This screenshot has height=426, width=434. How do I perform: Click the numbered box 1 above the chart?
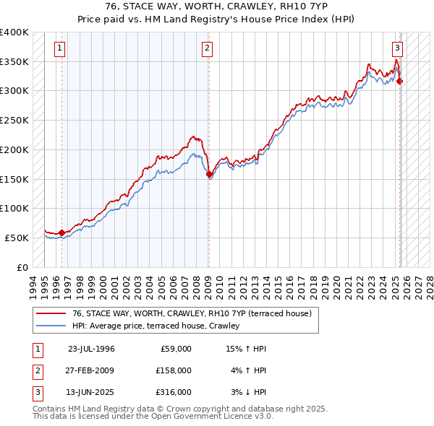click(x=59, y=49)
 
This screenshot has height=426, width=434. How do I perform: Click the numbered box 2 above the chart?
click(x=207, y=49)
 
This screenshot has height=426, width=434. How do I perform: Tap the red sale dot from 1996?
click(x=61, y=232)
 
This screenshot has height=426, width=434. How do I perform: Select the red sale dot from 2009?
click(x=209, y=174)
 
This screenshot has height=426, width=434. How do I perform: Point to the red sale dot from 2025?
click(x=400, y=82)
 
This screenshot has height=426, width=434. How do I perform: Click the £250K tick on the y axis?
click(x=14, y=120)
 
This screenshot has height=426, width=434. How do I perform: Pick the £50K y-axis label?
click(x=17, y=238)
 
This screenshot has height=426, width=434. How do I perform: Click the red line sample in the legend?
click(x=51, y=314)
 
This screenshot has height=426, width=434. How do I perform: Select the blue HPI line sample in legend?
click(x=51, y=326)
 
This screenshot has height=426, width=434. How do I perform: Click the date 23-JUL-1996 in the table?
click(x=91, y=349)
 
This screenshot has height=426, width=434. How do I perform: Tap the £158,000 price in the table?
click(x=173, y=370)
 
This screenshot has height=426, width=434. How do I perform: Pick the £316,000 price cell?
click(x=173, y=392)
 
